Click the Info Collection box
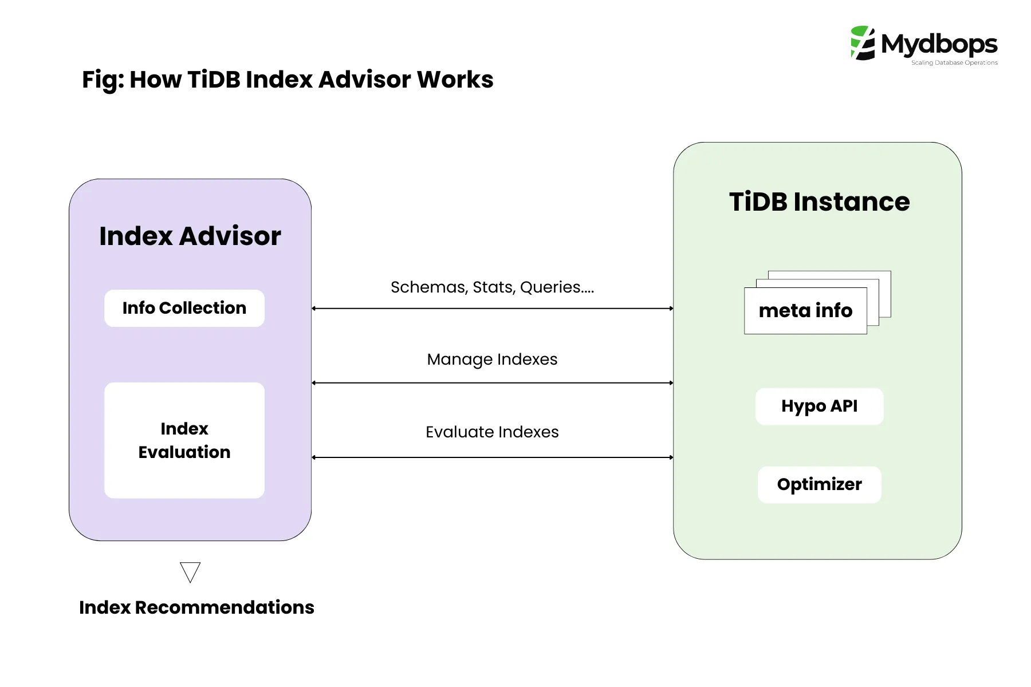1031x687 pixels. (x=184, y=308)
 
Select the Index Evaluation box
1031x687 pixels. (x=184, y=440)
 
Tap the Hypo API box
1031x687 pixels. (x=819, y=406)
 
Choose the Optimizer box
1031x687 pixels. (x=819, y=484)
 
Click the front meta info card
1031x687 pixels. (x=805, y=311)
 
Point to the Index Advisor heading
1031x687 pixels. (x=190, y=236)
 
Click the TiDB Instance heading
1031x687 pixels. (x=819, y=202)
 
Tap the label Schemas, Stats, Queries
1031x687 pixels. (x=492, y=287)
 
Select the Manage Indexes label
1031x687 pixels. (x=492, y=359)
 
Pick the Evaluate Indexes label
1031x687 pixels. (x=492, y=432)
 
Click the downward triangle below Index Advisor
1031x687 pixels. (x=190, y=571)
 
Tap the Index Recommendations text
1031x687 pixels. (x=196, y=607)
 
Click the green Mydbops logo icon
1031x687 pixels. (x=863, y=43)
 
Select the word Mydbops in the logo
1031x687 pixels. (x=939, y=44)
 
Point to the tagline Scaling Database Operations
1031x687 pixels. (x=954, y=63)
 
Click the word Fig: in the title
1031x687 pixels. (x=103, y=80)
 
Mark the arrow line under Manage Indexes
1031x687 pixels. (x=492, y=382)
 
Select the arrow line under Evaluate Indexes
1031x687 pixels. (x=492, y=457)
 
